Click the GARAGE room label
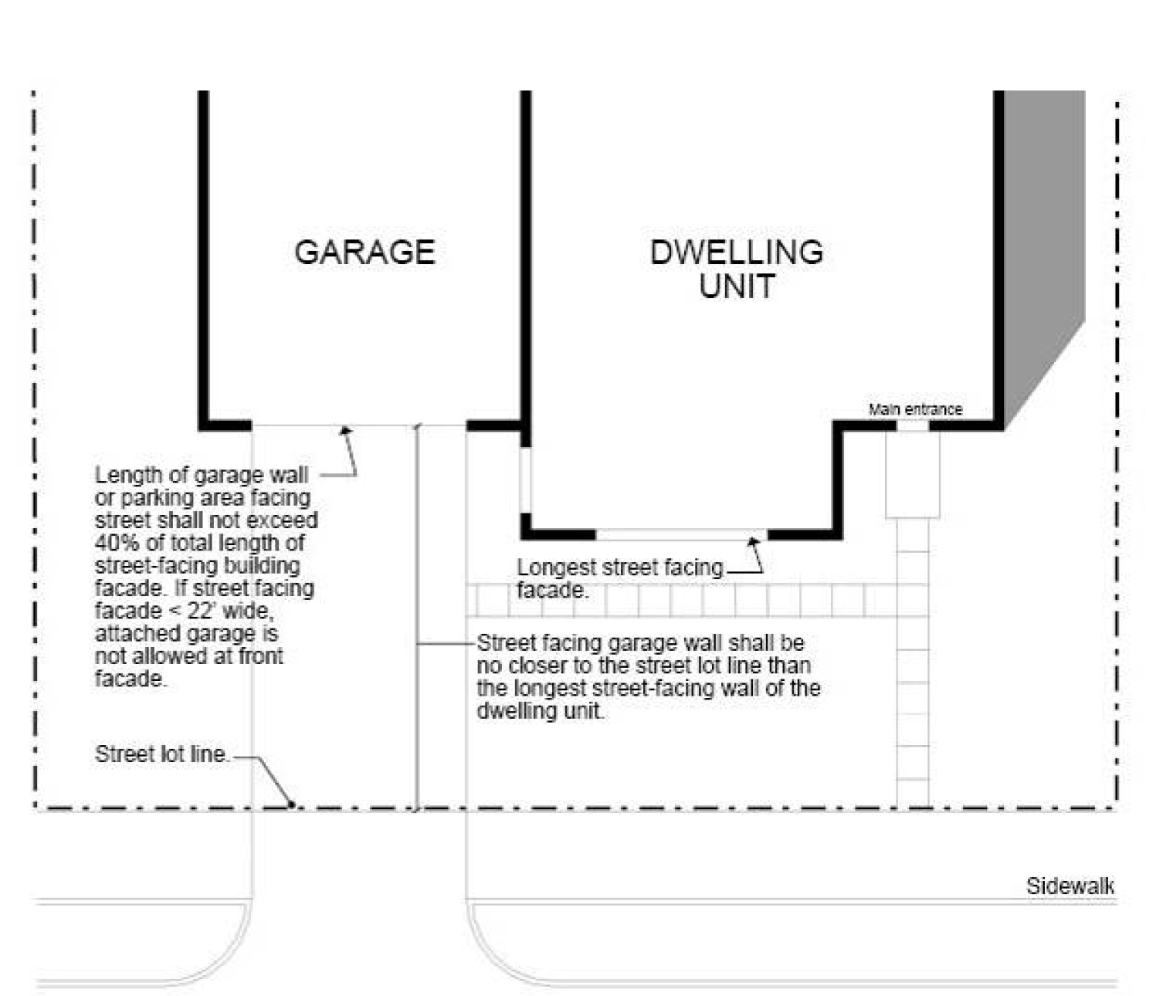364,252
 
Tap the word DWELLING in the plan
736,252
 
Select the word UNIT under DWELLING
736,286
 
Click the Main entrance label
915,409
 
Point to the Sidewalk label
1070,886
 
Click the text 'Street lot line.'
161,754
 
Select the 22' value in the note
203,610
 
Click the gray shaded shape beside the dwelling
1042,232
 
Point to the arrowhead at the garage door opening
346,430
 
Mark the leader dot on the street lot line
292,805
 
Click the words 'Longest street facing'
619,567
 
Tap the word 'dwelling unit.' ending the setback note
540,710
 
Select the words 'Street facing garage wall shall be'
640,642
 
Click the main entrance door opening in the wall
912,425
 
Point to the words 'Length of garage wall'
201,475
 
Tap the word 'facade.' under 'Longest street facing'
551,591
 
